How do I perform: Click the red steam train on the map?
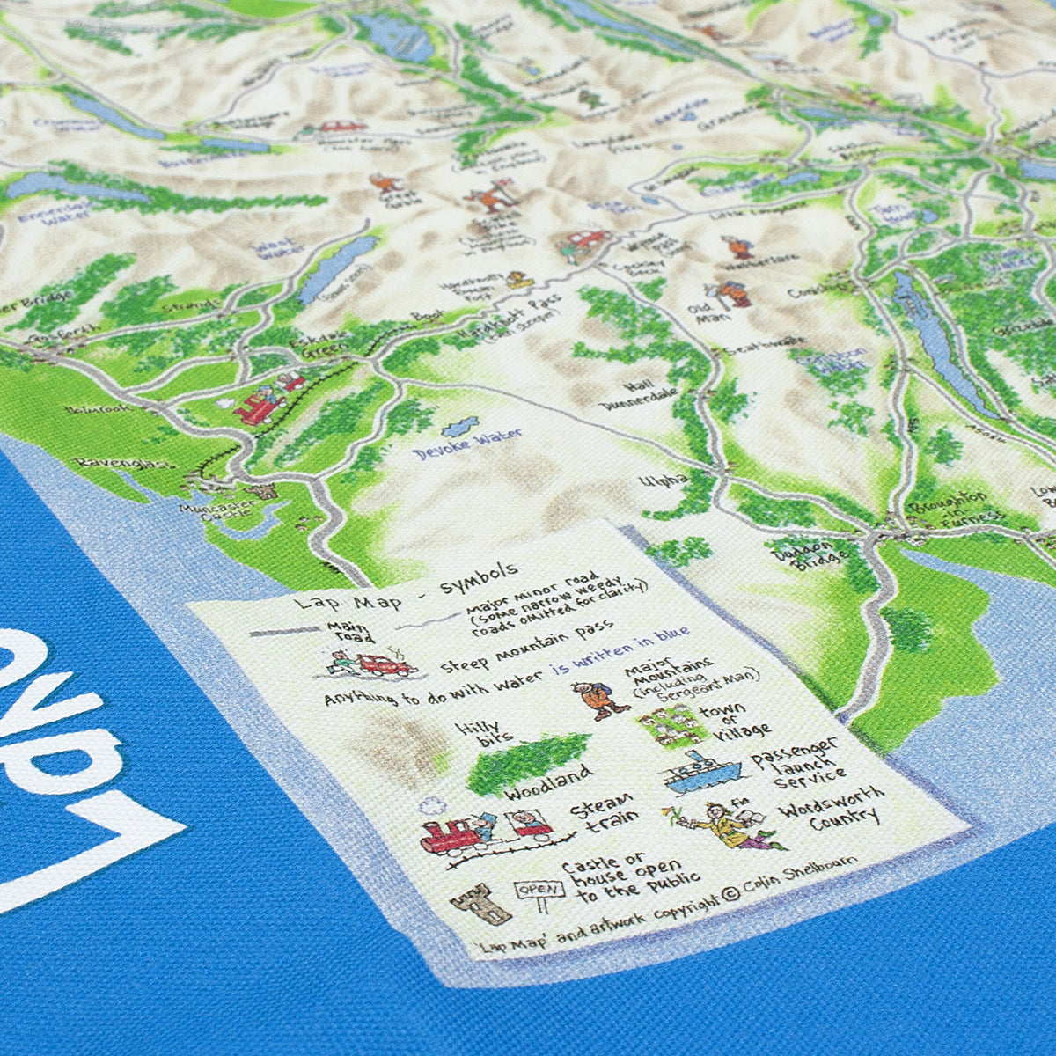coord(262,406)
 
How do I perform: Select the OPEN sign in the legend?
coord(537,890)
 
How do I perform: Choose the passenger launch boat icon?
coord(700,773)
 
